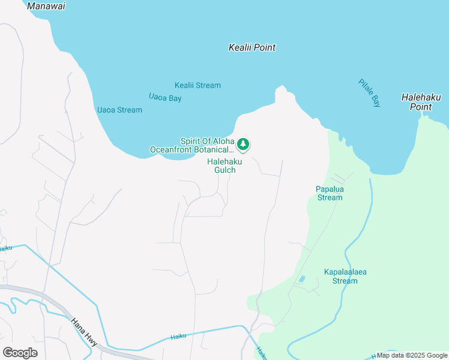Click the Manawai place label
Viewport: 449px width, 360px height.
pyautogui.click(x=46, y=6)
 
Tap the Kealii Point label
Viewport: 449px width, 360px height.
pyautogui.click(x=252, y=47)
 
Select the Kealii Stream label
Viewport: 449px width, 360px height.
pyautogui.click(x=197, y=85)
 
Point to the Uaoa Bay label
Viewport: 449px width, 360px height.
pyautogui.click(x=165, y=96)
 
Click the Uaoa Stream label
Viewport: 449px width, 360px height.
pyautogui.click(x=119, y=110)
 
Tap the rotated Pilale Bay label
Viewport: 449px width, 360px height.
pyautogui.click(x=369, y=93)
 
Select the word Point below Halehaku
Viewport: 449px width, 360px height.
pyautogui.click(x=421, y=107)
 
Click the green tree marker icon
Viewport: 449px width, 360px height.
pyautogui.click(x=243, y=144)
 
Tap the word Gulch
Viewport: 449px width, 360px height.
pyautogui.click(x=221, y=170)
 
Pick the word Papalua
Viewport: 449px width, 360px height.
pyautogui.click(x=330, y=188)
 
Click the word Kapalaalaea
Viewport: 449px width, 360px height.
pyautogui.click(x=345, y=272)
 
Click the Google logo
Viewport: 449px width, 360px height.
pyautogui.click(x=20, y=353)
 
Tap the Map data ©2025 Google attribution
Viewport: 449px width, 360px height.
pyautogui.click(x=411, y=355)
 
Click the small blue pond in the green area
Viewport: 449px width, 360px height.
pyautogui.click(x=301, y=279)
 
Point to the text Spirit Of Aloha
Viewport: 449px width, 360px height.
pyautogui.click(x=206, y=140)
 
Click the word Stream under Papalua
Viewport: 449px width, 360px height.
pyautogui.click(x=330, y=197)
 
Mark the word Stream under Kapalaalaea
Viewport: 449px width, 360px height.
pyautogui.click(x=345, y=281)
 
